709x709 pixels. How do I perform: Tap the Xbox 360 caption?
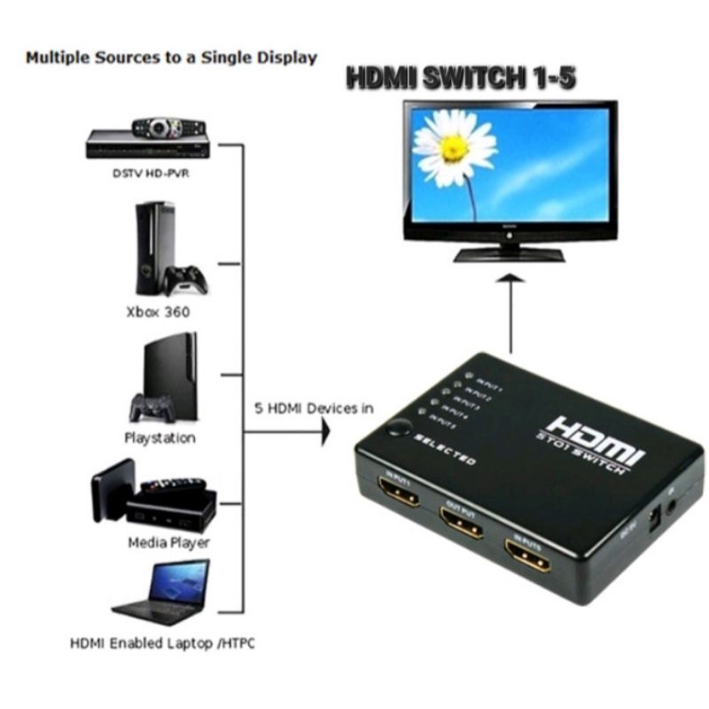[159, 312]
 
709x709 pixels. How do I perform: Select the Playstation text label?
[160, 438]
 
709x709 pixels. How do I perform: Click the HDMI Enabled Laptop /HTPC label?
[162, 643]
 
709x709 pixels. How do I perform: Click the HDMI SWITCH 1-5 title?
[461, 78]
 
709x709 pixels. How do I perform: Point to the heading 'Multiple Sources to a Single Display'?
[171, 58]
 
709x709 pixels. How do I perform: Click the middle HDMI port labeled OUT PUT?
[461, 524]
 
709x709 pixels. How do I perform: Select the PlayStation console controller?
[151, 409]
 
